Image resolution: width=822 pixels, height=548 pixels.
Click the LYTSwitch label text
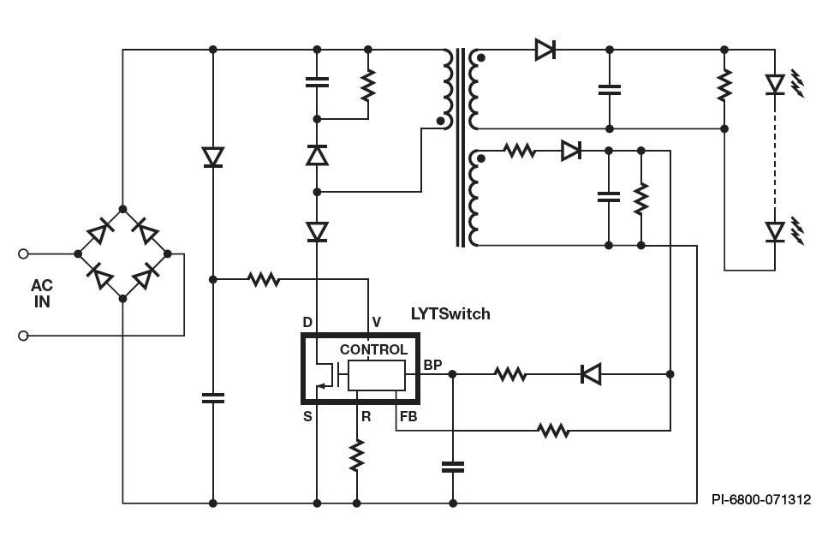(x=450, y=314)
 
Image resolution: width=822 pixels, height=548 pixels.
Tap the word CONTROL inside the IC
(x=373, y=349)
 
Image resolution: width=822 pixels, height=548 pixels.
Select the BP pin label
(x=432, y=365)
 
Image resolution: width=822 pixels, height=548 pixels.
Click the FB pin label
(x=408, y=417)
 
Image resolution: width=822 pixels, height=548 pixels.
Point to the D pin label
(x=307, y=322)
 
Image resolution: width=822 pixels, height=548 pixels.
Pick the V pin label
(x=376, y=322)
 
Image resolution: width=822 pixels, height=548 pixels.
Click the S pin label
(x=307, y=417)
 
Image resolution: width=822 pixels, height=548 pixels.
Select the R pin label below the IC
(x=366, y=417)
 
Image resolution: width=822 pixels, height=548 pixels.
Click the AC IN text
(x=41, y=293)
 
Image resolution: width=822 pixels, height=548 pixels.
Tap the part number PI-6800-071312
(x=760, y=499)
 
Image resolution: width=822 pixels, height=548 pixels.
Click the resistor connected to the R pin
(x=357, y=456)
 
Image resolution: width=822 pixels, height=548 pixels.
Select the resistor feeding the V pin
(x=263, y=279)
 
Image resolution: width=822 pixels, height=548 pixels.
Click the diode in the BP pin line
(x=590, y=374)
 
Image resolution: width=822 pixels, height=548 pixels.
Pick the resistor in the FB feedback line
(x=554, y=430)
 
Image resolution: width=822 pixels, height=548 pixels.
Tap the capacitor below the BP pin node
(x=452, y=467)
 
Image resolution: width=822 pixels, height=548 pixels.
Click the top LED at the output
(x=775, y=84)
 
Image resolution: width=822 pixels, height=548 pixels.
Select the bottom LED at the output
(x=775, y=231)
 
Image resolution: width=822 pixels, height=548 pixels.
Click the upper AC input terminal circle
(x=24, y=253)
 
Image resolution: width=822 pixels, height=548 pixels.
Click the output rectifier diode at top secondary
(x=545, y=50)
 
